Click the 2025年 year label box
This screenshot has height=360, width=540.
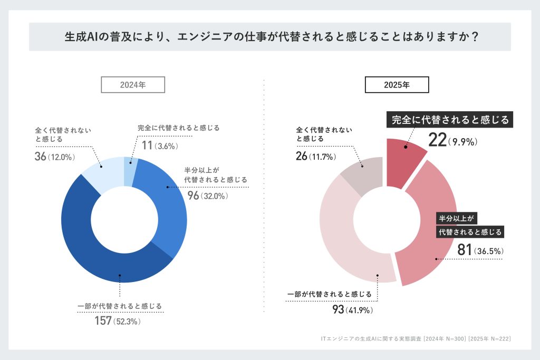(x=397, y=84)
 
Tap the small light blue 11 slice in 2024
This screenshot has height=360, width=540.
(x=129, y=170)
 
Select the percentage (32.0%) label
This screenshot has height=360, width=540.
(x=213, y=196)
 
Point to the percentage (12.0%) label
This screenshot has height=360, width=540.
(x=62, y=157)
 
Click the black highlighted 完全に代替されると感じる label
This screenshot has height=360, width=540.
(x=450, y=120)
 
